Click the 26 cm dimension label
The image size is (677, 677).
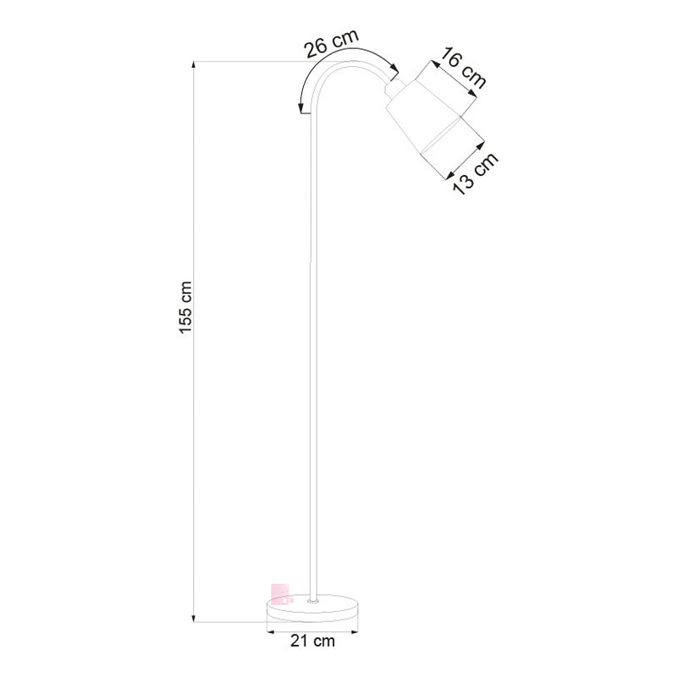pyautogui.click(x=333, y=44)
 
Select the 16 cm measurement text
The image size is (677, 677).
pyautogui.click(x=464, y=68)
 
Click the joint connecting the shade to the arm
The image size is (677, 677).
pyautogui.click(x=393, y=88)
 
